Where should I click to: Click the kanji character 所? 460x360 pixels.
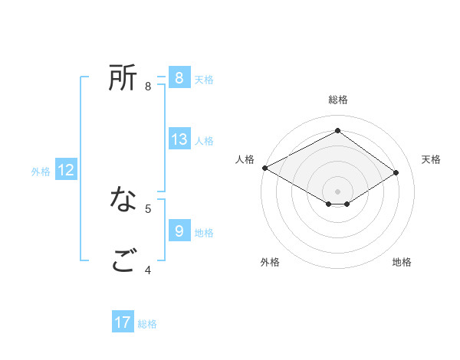tap(123, 77)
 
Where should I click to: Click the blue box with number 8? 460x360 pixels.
tap(179, 77)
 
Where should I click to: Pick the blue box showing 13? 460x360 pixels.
tap(179, 139)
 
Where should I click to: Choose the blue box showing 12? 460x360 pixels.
tap(66, 171)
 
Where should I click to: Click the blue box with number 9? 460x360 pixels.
tap(179, 230)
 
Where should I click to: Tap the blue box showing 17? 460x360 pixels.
tap(123, 322)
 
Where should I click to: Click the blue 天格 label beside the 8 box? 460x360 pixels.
tap(204, 80)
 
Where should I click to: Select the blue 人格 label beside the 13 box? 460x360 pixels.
tap(204, 141)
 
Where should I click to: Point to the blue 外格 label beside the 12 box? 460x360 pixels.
tap(41, 172)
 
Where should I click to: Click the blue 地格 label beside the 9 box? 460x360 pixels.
tap(204, 232)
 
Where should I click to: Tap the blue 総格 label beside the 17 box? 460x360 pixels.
tap(147, 324)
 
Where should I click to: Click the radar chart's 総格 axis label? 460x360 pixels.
tap(337, 100)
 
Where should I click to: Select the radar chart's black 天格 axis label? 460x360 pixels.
tap(431, 159)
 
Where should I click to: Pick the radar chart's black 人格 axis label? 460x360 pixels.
tap(245, 159)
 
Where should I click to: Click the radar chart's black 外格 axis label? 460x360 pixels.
tap(270, 262)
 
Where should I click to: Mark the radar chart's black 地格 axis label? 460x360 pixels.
tap(402, 262)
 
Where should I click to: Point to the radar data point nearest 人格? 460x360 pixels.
tap(264, 167)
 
